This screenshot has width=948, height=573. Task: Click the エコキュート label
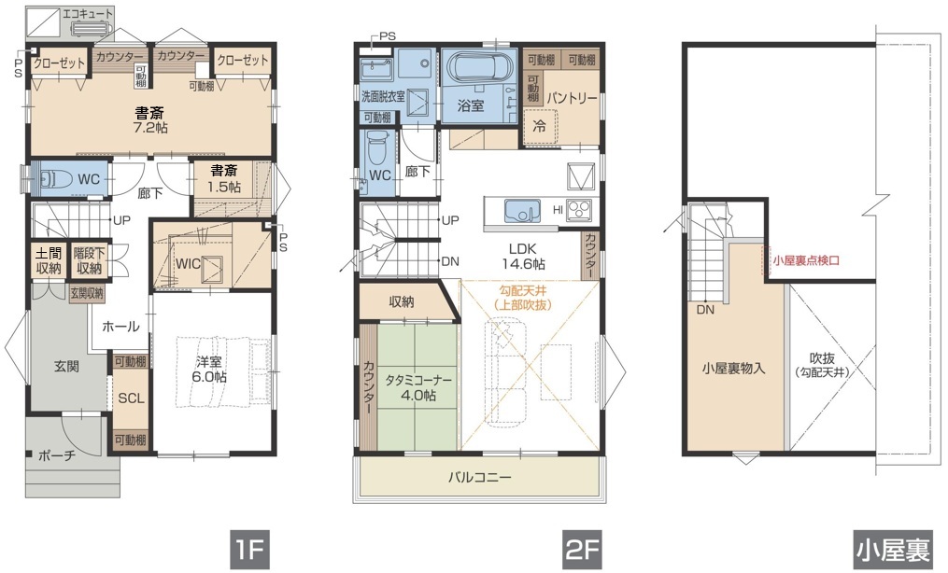pos(88,13)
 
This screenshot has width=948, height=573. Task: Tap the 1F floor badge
pos(248,550)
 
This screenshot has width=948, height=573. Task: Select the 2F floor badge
pos(582,550)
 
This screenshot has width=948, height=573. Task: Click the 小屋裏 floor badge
pos(892,550)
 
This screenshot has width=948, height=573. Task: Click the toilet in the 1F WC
pos(53,179)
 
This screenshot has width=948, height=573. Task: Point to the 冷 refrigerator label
pos(540,127)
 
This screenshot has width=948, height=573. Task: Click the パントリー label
pos(572,98)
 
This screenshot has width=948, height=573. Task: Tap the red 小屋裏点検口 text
pos(807,261)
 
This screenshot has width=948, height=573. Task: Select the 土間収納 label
pos(49,261)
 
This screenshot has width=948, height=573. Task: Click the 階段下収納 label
pos(89,261)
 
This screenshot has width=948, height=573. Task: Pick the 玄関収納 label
pos(87,294)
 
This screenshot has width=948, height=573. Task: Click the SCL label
pos(131,398)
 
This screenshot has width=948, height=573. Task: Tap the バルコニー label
pos(479,478)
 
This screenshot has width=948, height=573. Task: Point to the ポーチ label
pos(56,455)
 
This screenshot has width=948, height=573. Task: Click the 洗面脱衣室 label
pos(383,96)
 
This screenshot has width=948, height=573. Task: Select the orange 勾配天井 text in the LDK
pos(524,292)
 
